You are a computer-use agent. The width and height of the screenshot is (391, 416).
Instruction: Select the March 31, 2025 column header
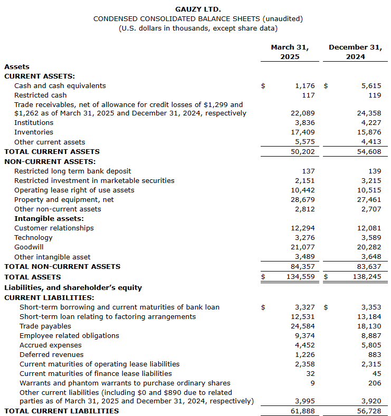click(x=290, y=52)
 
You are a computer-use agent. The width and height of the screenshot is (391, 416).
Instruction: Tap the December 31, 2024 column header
click(x=355, y=52)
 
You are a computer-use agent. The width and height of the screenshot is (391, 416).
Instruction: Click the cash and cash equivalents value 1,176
click(x=304, y=85)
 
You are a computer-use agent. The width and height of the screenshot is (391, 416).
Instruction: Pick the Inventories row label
click(x=34, y=132)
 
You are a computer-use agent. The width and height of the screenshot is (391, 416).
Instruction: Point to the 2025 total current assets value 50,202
click(x=303, y=151)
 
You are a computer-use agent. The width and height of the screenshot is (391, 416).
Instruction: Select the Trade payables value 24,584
click(x=303, y=326)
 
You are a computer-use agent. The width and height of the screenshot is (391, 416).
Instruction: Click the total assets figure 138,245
click(x=367, y=276)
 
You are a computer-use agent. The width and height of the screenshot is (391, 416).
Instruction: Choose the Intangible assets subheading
click(x=49, y=218)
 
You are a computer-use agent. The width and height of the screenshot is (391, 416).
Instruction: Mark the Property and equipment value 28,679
click(x=303, y=199)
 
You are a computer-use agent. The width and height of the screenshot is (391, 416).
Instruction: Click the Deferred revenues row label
click(x=52, y=354)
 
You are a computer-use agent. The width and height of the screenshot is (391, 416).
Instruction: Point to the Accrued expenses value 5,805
click(x=371, y=345)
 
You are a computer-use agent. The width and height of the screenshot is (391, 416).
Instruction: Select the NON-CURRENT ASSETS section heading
click(x=50, y=161)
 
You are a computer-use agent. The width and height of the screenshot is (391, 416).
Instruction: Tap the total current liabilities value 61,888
click(x=303, y=411)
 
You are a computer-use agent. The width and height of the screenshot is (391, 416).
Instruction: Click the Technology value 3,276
click(x=304, y=237)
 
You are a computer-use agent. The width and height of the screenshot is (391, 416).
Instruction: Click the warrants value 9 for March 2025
click(x=312, y=383)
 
